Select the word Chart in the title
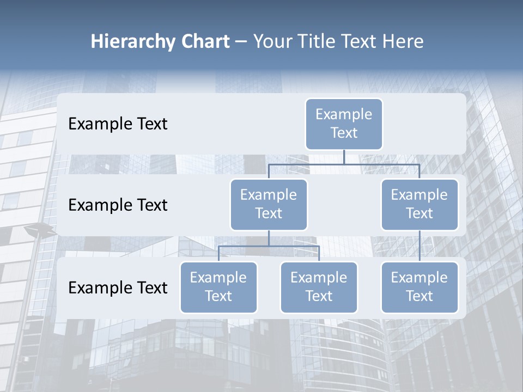coord(205,41)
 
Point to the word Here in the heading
coord(403,41)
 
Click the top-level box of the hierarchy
coord(344,124)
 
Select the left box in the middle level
coord(269,205)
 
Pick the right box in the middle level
coord(419,205)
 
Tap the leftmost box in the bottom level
coord(218,287)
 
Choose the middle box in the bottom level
coord(319,287)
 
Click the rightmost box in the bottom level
coord(419,287)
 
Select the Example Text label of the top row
coord(118,124)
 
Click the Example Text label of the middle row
coord(118,205)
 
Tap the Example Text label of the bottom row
coord(118,287)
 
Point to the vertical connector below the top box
coord(344,157)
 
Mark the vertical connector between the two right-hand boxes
coord(419,246)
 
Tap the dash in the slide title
coord(241,41)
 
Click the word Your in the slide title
coord(271,41)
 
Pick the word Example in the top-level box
coord(344,114)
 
